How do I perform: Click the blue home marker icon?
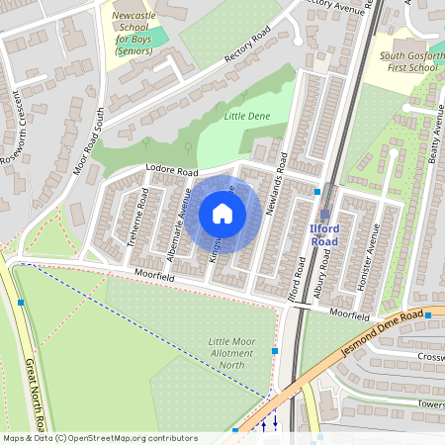[x=222, y=214]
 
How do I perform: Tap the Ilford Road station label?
[x=324, y=235]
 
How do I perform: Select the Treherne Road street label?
[x=142, y=213]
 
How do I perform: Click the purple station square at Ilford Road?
[x=324, y=215]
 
